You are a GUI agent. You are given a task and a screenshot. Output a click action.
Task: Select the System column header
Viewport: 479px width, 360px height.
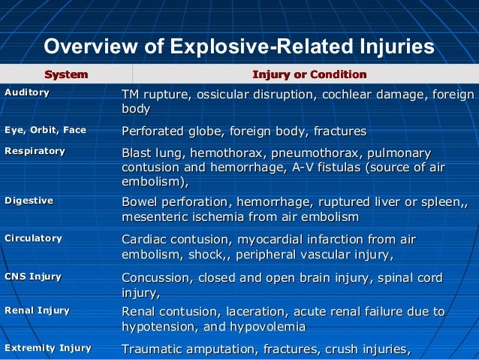point(66,74)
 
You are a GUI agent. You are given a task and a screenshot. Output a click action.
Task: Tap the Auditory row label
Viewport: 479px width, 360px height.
point(27,92)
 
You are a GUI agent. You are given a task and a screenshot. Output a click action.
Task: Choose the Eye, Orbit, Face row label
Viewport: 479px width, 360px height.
point(45,130)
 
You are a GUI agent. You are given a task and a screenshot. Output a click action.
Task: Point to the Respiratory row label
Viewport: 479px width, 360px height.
point(35,151)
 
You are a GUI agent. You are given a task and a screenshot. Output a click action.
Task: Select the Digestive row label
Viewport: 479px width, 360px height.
point(29,201)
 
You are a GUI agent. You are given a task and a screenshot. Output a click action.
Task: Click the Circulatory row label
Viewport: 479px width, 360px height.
point(33,238)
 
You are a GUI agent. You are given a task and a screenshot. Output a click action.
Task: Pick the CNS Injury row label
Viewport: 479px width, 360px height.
point(33,277)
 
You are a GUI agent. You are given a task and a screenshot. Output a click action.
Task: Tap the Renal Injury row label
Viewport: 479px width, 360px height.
point(37,310)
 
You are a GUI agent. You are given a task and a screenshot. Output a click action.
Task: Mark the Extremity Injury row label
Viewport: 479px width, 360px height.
point(47,348)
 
